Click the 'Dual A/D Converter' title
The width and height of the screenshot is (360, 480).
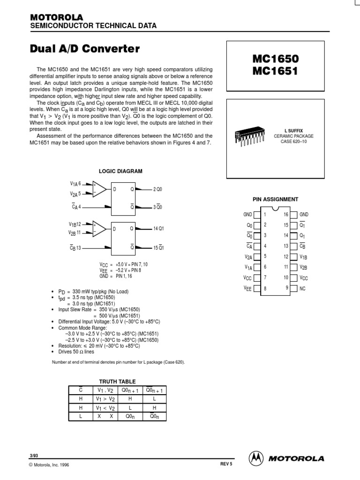[x=85, y=48]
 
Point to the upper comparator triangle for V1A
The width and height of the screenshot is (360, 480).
[x=99, y=189]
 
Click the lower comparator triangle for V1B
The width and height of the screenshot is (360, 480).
[x=99, y=228]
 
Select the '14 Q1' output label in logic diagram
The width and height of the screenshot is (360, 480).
[x=158, y=228]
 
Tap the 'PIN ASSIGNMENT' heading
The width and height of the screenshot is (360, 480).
[x=275, y=199]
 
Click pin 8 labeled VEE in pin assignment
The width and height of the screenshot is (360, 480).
[x=247, y=288]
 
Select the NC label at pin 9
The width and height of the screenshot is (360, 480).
[x=302, y=288]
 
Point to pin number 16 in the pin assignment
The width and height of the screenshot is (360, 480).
[x=286, y=214]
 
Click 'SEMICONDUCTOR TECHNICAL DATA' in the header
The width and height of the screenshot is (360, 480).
[x=93, y=26]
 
